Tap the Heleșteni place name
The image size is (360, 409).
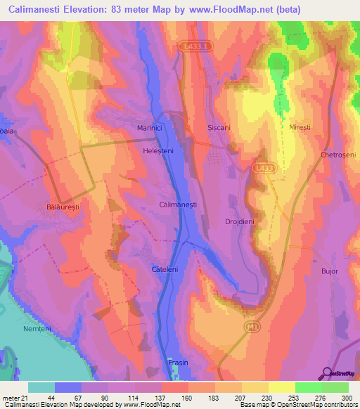click(157, 150)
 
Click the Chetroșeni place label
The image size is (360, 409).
click(338, 155)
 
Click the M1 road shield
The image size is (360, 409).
click(254, 327)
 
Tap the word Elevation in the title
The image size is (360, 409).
click(88, 9)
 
